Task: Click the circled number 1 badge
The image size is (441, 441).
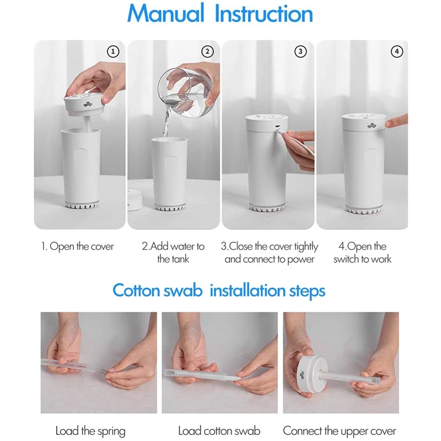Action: tap(112, 52)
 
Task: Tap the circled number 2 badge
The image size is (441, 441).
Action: tap(207, 52)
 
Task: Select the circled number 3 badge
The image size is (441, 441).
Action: tap(300, 52)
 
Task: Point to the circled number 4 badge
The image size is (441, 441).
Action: tap(396, 52)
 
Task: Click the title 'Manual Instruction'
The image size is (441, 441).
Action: tap(220, 14)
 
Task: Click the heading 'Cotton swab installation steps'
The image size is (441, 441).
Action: tap(219, 291)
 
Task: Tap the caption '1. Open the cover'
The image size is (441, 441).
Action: tap(78, 246)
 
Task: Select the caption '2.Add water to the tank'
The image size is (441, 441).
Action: tap(173, 252)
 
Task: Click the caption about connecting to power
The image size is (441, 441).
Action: tap(270, 252)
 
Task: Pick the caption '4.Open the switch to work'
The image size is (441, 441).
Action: tap(362, 252)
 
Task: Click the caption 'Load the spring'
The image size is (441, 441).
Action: tap(90, 431)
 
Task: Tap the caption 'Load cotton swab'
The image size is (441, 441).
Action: tap(219, 431)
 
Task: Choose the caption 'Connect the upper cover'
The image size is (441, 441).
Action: tap(340, 431)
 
